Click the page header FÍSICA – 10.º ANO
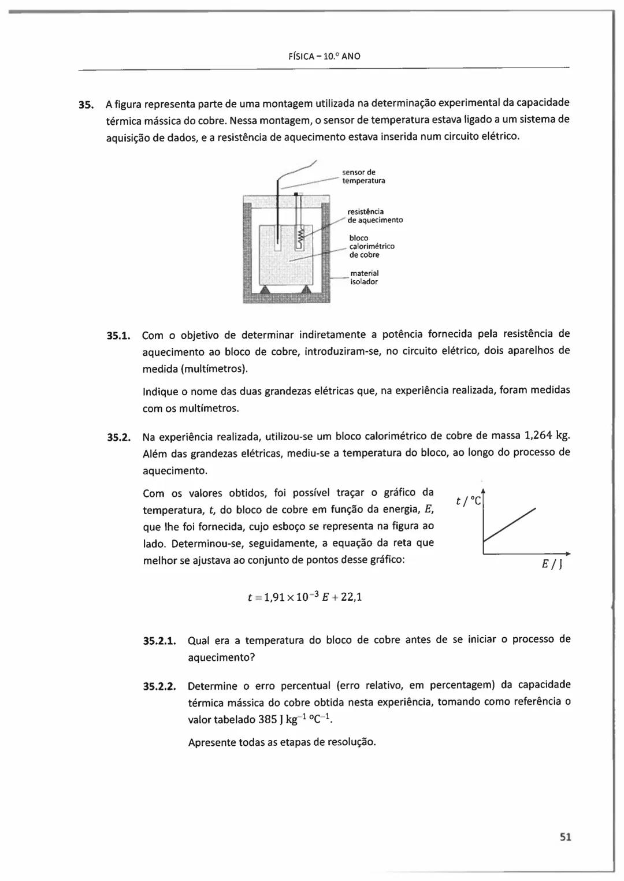tap(324, 57)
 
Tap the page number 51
tap(565, 837)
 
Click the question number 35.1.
tap(120, 336)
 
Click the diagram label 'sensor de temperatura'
tap(363, 176)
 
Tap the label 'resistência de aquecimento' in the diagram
tap(375, 215)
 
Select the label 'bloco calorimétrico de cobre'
tap(372, 246)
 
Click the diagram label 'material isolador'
tap(364, 277)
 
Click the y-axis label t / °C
tap(468, 501)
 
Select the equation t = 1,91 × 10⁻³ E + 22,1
tap(304, 597)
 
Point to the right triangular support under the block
tap(306, 289)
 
